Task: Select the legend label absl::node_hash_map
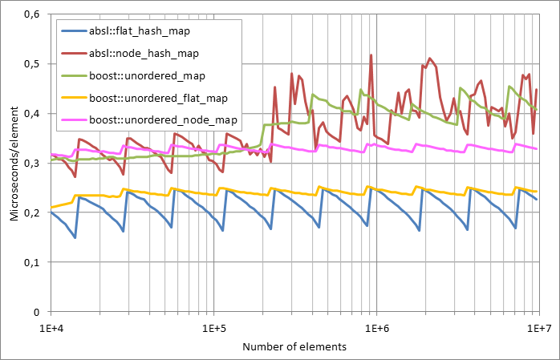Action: (x=142, y=53)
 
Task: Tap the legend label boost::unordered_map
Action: (x=147, y=75)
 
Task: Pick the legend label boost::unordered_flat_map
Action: (x=157, y=98)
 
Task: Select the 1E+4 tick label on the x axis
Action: (x=51, y=327)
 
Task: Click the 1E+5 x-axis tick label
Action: (x=213, y=327)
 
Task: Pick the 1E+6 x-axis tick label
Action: (x=376, y=327)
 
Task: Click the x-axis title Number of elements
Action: (x=294, y=346)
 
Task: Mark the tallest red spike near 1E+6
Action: (x=371, y=55)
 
